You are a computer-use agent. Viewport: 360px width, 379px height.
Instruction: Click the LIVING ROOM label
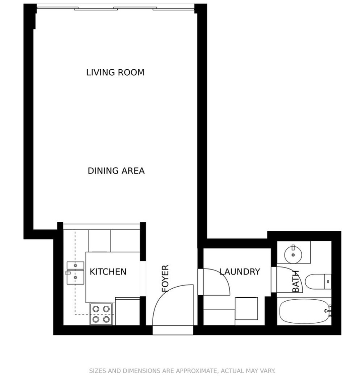(x=115, y=72)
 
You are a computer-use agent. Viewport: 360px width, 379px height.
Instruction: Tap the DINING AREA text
(x=116, y=170)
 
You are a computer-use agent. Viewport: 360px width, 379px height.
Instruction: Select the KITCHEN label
(x=108, y=272)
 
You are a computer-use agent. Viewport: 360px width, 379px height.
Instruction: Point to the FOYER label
(x=165, y=279)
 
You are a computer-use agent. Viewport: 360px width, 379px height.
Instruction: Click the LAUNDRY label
(x=240, y=272)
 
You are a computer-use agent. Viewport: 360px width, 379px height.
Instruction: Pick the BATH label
(x=296, y=281)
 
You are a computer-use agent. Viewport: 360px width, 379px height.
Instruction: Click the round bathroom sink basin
(x=293, y=255)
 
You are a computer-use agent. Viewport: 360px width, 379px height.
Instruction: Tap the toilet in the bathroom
(x=318, y=281)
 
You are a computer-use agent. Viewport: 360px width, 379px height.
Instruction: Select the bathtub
(x=304, y=311)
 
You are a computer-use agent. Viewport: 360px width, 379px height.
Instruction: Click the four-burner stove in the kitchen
(x=101, y=314)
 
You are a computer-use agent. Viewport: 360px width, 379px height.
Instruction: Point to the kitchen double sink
(x=75, y=273)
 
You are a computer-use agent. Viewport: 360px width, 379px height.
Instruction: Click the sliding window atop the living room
(x=115, y=9)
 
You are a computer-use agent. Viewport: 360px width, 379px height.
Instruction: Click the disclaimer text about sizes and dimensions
(x=182, y=370)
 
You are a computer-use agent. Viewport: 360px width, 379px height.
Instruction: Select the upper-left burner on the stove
(x=96, y=309)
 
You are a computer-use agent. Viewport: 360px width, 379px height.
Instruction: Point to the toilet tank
(x=328, y=281)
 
